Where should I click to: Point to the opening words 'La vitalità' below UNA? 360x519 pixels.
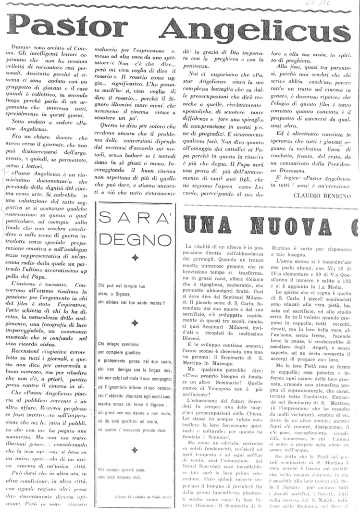click(199, 247)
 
